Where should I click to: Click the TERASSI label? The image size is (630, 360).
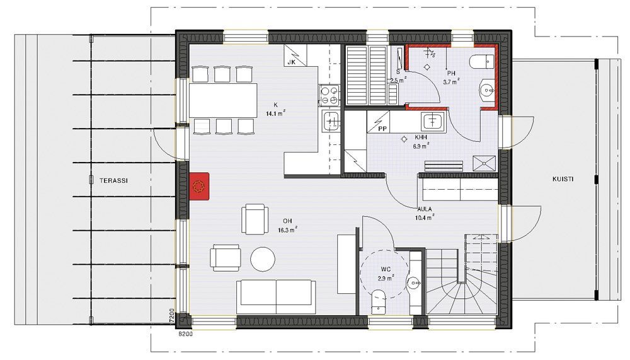[x=113, y=180]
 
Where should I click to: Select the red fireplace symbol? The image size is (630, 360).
[x=200, y=186]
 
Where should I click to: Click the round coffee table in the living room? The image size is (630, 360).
[x=263, y=258]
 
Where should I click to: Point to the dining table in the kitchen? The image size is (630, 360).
[x=224, y=100]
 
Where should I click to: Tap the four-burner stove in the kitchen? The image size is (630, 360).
[x=329, y=95]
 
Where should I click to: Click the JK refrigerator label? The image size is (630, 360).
[x=291, y=62]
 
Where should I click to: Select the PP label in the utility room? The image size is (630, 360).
[x=382, y=128]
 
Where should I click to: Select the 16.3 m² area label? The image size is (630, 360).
[x=287, y=230]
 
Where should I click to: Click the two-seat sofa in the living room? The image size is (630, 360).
[x=276, y=294]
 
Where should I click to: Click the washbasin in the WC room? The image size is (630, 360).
[x=413, y=282]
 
